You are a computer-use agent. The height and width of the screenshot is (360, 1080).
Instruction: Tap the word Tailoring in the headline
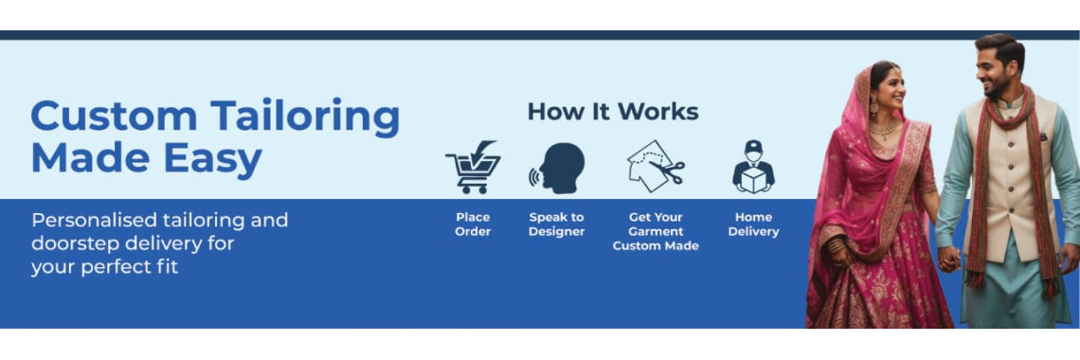(305, 118)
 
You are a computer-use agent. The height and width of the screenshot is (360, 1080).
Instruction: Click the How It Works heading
(613, 112)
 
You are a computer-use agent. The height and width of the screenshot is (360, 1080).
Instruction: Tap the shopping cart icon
(473, 168)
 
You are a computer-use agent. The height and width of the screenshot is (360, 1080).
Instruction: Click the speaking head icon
(556, 168)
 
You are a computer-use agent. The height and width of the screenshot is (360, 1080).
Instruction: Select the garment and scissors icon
(656, 167)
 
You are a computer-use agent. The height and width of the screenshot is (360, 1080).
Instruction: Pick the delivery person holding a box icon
(753, 167)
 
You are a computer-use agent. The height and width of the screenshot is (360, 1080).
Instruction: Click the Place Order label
(473, 225)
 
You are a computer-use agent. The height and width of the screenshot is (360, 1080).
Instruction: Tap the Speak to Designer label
(556, 225)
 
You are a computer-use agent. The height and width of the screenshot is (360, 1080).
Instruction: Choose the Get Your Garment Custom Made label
(656, 231)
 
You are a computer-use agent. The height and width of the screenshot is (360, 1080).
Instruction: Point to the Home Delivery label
(753, 225)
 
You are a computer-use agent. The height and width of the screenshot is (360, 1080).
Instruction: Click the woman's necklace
(885, 129)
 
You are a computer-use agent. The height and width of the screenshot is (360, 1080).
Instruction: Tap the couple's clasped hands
(948, 259)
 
